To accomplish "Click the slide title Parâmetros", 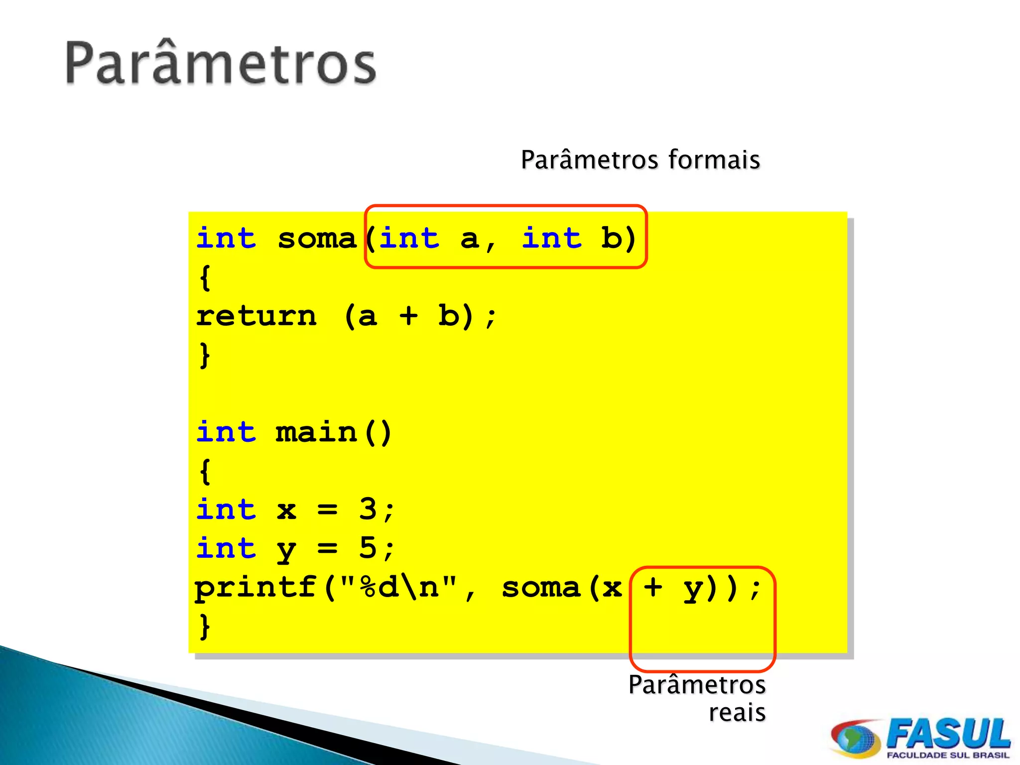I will pos(221,64).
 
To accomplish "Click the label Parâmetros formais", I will pos(640,160).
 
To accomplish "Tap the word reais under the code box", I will pos(737,712).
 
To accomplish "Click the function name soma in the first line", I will pos(317,239).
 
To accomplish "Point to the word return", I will pos(256,316).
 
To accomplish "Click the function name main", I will pos(316,432).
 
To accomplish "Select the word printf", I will pos(255,588).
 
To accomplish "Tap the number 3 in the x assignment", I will pos(368,509).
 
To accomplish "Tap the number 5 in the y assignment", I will pos(368,548).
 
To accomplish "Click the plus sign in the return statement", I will pos(408,316).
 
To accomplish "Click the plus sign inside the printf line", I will pos(652,588).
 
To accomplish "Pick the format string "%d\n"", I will pos(398,588).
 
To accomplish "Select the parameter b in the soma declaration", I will pos(611,239).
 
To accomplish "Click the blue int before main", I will pos(226,432).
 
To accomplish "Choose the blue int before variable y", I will pos(226,548).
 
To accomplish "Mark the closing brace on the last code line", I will pos(204,627).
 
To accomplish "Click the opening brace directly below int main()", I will pos(204,471).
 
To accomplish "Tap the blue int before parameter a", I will pos(409,239).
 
